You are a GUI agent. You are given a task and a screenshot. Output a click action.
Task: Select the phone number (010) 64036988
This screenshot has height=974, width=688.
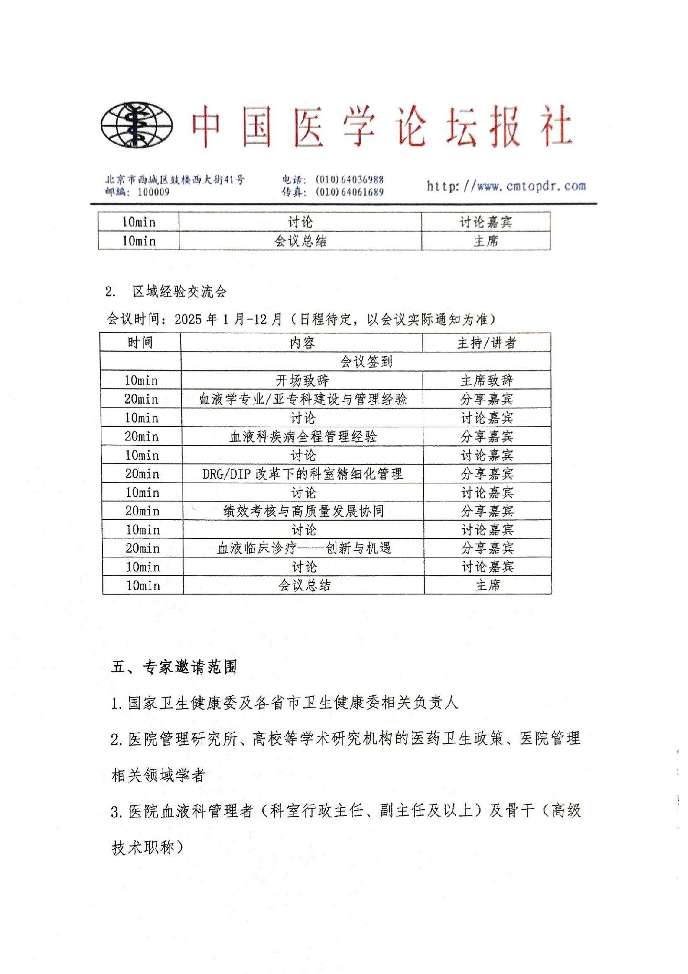[x=350, y=180]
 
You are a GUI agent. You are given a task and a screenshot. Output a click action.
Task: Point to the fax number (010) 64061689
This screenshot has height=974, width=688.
[x=350, y=192]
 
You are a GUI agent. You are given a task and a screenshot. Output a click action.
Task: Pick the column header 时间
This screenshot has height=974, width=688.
[x=140, y=342]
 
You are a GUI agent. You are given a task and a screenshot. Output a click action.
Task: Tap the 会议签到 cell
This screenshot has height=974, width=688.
[x=366, y=361]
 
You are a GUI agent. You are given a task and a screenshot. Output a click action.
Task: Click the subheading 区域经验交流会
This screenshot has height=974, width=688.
[x=179, y=292]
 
